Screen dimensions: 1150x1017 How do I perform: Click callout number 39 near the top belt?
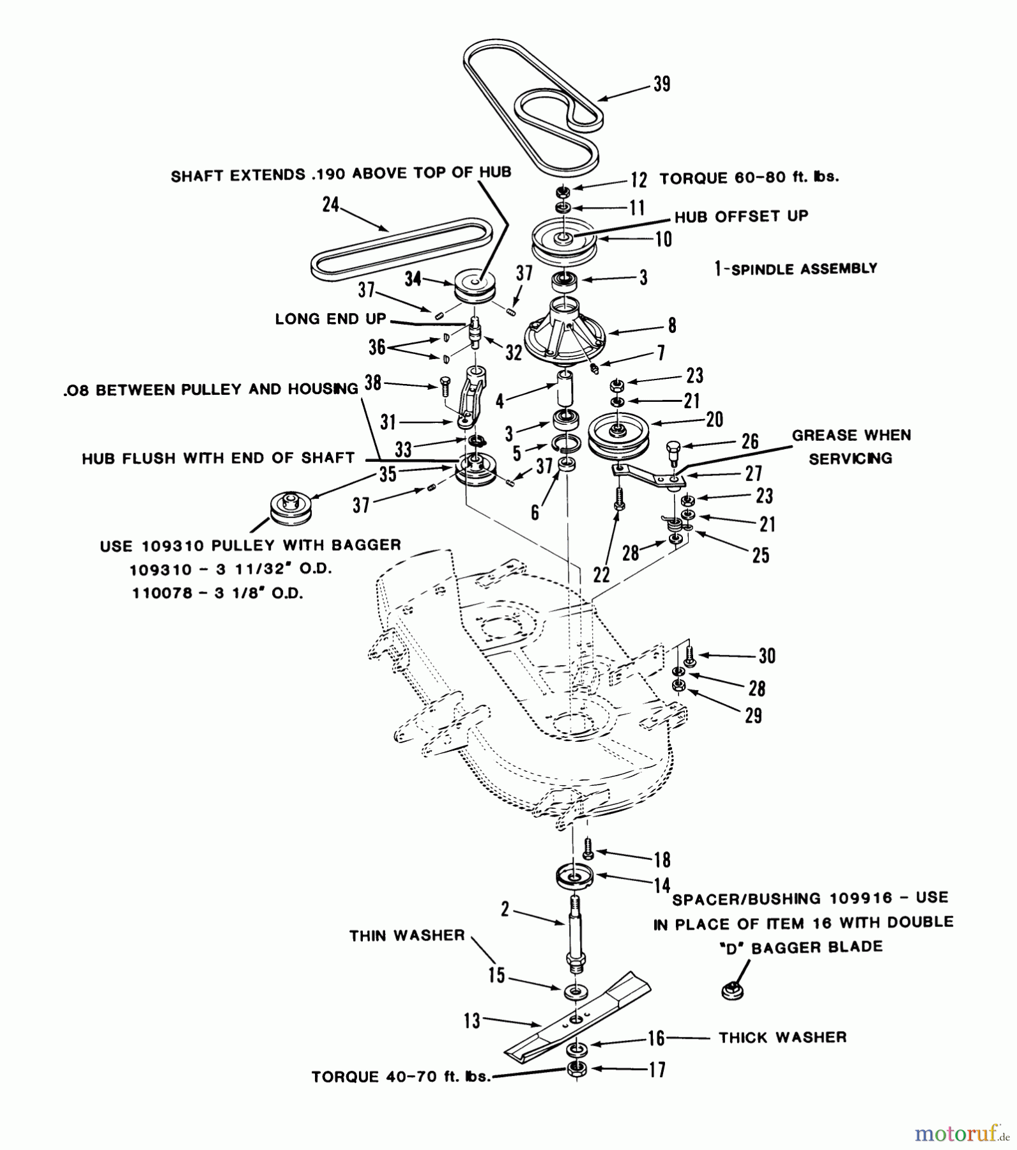point(662,84)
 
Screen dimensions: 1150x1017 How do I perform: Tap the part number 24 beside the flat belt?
point(330,205)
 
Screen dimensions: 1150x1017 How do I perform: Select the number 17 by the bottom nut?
point(657,1069)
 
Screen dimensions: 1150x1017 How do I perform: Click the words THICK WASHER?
point(783,1037)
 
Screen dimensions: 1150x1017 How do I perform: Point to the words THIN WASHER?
point(407,935)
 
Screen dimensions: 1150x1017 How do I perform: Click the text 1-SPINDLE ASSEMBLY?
point(796,269)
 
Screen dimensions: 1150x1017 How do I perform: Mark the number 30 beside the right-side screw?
point(767,655)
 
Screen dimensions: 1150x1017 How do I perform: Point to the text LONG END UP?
point(330,319)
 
